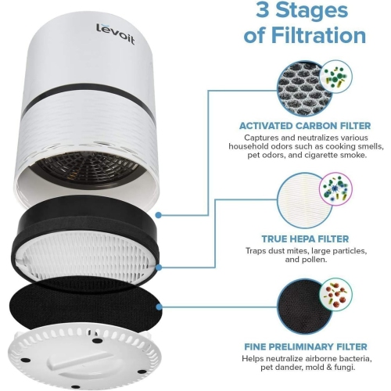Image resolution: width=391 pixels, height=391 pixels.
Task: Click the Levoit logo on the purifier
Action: click(115, 34)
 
